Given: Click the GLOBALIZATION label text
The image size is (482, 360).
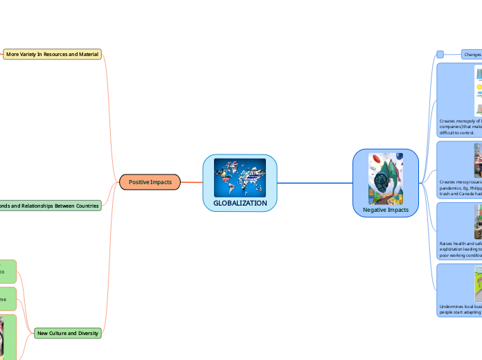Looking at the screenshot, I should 240,203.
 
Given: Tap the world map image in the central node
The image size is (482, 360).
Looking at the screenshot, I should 240,177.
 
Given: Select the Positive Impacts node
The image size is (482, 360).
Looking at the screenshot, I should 150,182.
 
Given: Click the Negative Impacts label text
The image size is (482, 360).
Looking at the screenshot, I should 385,209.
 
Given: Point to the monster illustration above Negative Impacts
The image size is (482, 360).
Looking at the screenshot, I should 385,179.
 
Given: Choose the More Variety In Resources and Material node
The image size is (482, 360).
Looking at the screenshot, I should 52,54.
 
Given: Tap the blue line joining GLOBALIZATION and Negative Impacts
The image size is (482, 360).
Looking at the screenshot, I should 315,183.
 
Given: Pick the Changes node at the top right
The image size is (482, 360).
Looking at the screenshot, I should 472,54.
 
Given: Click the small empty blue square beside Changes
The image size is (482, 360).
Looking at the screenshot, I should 440,54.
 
